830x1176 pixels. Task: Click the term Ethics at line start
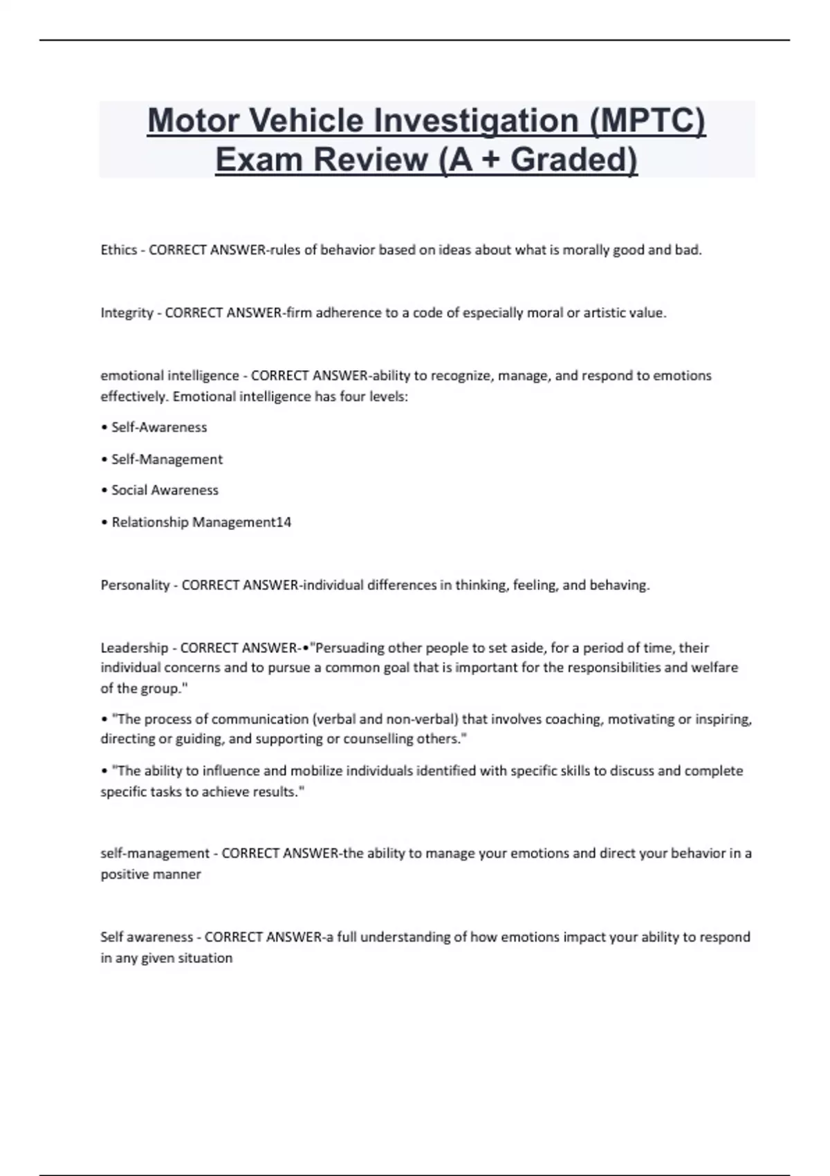pyautogui.click(x=118, y=250)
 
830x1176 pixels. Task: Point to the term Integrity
pyautogui.click(x=127, y=313)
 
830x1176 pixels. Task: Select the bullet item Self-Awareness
pyautogui.click(x=159, y=428)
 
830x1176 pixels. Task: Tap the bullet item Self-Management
pyautogui.click(x=167, y=459)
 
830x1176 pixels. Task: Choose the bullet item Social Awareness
pyautogui.click(x=165, y=490)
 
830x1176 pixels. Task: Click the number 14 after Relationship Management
pyautogui.click(x=284, y=522)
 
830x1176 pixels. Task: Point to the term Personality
pyautogui.click(x=135, y=585)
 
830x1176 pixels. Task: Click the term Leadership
pyautogui.click(x=134, y=648)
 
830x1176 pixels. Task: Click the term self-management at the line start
pyautogui.click(x=155, y=854)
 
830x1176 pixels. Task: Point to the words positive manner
pyautogui.click(x=151, y=874)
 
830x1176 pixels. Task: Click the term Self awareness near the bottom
pyautogui.click(x=147, y=937)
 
